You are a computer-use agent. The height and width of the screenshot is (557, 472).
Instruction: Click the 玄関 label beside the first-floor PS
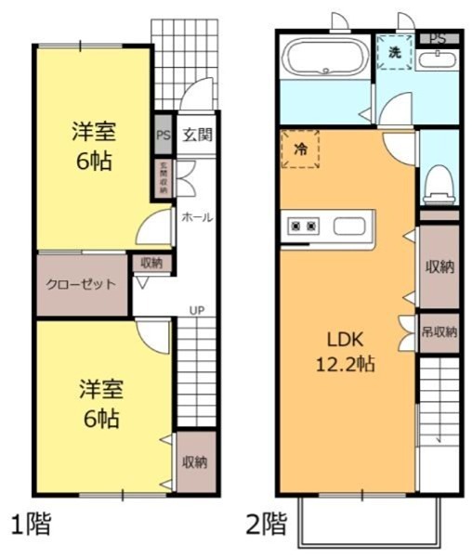click(196, 135)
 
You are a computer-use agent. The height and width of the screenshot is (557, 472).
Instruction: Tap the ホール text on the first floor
click(196, 217)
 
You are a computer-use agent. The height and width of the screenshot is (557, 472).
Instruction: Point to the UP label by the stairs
click(197, 310)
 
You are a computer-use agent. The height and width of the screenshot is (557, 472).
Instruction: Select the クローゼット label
click(82, 285)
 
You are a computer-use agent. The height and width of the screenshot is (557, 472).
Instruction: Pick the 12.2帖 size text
click(343, 364)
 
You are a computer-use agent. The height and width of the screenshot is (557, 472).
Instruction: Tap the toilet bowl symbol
click(437, 183)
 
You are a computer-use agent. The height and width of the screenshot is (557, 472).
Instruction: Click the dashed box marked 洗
click(395, 54)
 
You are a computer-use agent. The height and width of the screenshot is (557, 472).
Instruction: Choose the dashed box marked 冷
click(300, 149)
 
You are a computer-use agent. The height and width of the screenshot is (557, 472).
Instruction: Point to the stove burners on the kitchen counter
click(304, 226)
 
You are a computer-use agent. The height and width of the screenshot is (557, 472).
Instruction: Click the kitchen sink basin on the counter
click(350, 227)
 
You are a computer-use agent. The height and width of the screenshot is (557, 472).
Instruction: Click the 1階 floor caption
click(31, 523)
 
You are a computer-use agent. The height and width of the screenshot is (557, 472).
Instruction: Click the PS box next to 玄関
click(163, 135)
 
